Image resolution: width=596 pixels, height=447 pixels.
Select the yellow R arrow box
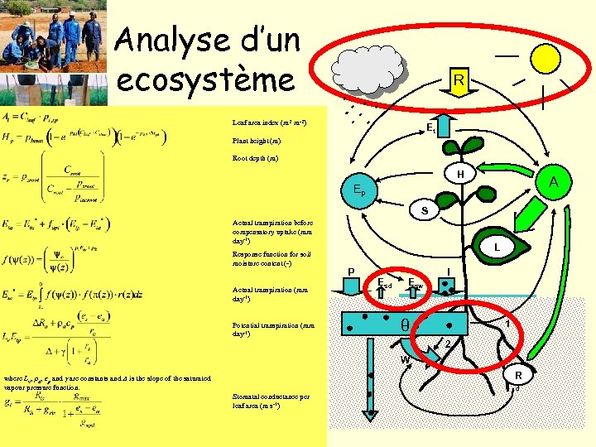tap(459, 80)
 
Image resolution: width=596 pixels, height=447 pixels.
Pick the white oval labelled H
tap(459, 174)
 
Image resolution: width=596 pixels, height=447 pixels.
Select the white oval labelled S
tap(424, 212)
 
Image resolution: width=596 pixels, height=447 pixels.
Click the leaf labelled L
tap(495, 248)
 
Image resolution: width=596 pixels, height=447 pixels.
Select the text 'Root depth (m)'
tap(256, 157)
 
